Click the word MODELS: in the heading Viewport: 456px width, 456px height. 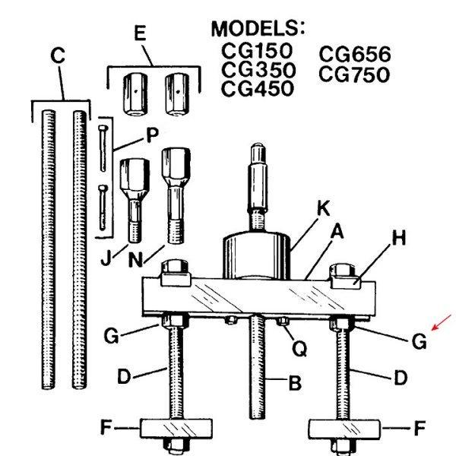click(x=258, y=29)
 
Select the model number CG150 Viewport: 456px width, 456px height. click(x=257, y=50)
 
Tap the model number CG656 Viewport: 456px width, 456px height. click(x=355, y=54)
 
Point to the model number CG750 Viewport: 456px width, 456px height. click(x=354, y=74)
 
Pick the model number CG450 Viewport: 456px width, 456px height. click(x=258, y=88)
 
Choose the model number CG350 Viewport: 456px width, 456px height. click(x=258, y=69)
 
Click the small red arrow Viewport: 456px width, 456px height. click(x=441, y=322)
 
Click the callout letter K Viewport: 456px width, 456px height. click(x=324, y=208)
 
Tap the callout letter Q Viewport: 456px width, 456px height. click(x=299, y=348)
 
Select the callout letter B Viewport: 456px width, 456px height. click(x=295, y=383)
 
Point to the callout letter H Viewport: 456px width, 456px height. click(x=399, y=239)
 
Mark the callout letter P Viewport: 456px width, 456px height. click(x=152, y=135)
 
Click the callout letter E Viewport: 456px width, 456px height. click(x=140, y=33)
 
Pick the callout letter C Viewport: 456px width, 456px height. click(x=58, y=55)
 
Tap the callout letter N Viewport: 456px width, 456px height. click(x=135, y=259)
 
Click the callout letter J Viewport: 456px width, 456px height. click(x=106, y=257)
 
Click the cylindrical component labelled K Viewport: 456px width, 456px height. click(x=257, y=255)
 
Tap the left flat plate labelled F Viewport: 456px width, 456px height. click(x=176, y=429)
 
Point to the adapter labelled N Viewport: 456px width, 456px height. click(x=176, y=196)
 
